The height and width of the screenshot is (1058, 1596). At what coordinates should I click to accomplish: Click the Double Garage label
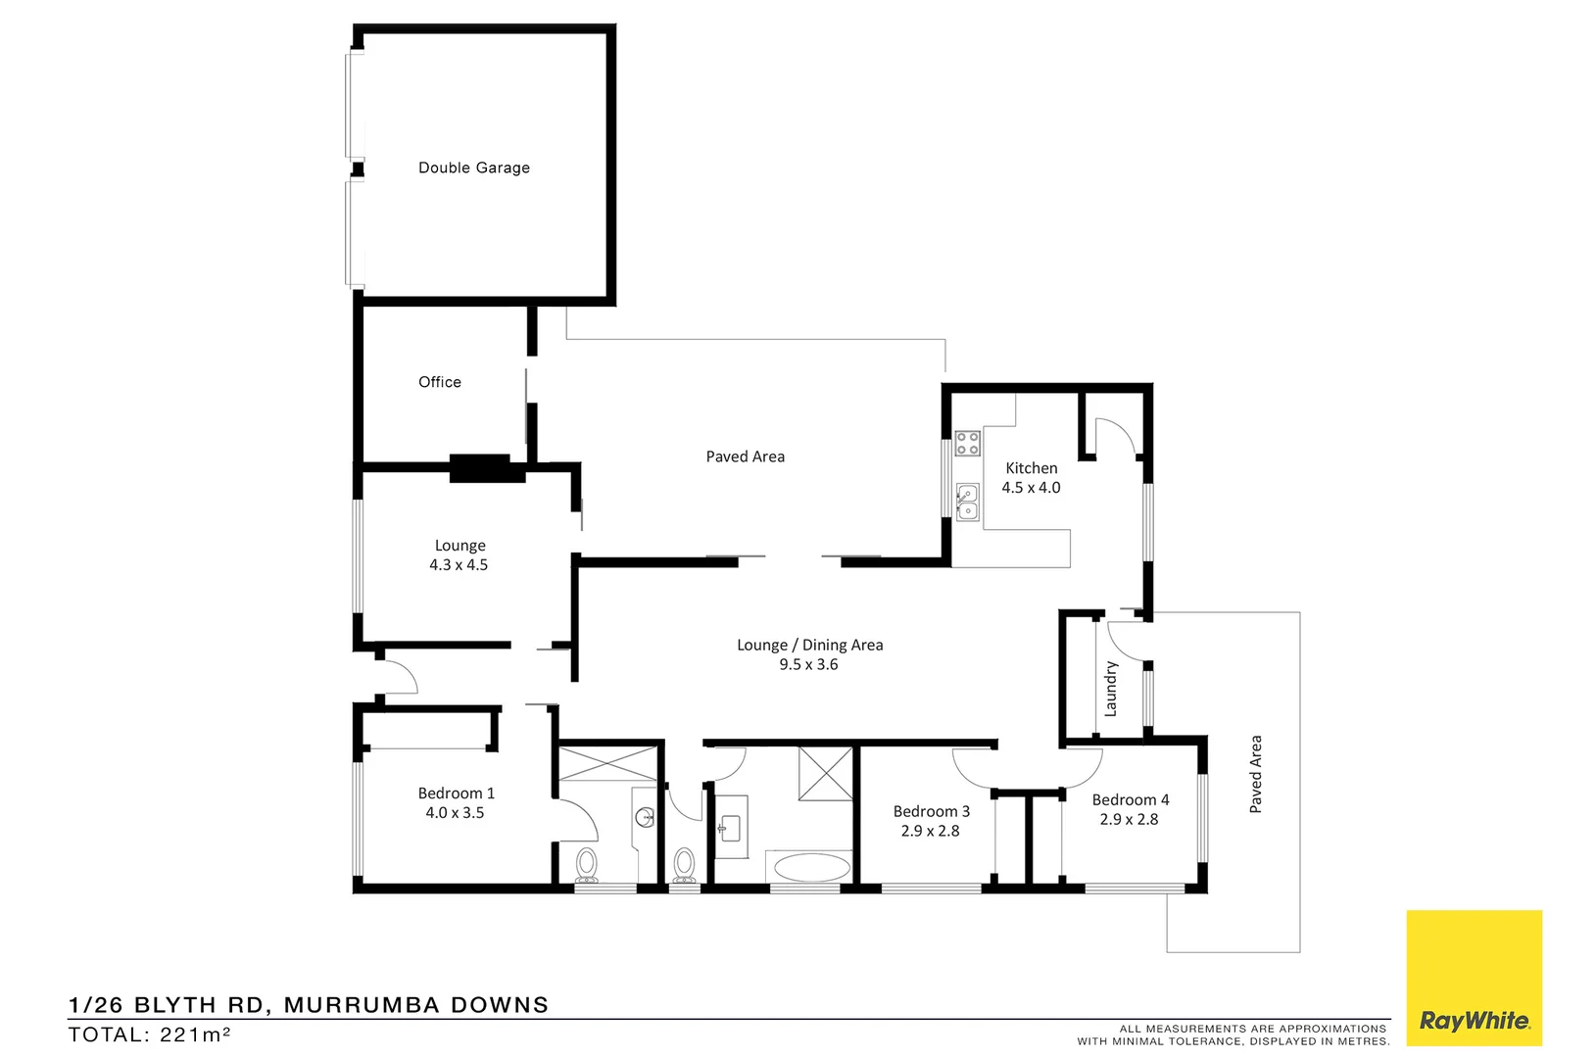[474, 168]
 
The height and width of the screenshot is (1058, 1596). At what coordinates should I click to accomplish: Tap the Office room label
[439, 382]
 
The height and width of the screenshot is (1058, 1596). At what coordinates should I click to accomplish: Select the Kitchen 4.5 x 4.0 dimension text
[1031, 488]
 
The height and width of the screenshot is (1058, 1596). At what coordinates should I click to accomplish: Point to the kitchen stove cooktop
[967, 443]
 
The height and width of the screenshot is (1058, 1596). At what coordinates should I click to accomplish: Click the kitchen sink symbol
[967, 502]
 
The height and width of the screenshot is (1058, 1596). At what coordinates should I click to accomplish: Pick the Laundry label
[1111, 689]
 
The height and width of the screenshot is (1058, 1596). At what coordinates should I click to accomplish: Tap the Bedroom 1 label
[456, 793]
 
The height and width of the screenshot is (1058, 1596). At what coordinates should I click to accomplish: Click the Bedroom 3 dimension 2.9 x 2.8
[930, 831]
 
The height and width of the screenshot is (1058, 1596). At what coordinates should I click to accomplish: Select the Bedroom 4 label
[1131, 799]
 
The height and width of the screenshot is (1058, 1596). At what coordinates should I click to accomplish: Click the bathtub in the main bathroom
[811, 867]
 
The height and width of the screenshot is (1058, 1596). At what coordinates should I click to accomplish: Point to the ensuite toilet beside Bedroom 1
[587, 863]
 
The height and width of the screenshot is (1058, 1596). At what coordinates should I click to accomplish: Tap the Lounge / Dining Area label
[809, 645]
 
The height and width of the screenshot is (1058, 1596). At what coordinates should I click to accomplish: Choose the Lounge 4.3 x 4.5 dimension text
[459, 565]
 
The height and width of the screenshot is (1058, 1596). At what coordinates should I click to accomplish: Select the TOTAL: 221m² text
[149, 1034]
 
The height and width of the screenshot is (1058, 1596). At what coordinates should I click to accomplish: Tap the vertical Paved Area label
[1255, 774]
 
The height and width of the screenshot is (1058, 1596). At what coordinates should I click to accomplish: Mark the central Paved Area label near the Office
[745, 457]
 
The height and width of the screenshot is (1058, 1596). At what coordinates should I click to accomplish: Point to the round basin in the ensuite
[645, 817]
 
